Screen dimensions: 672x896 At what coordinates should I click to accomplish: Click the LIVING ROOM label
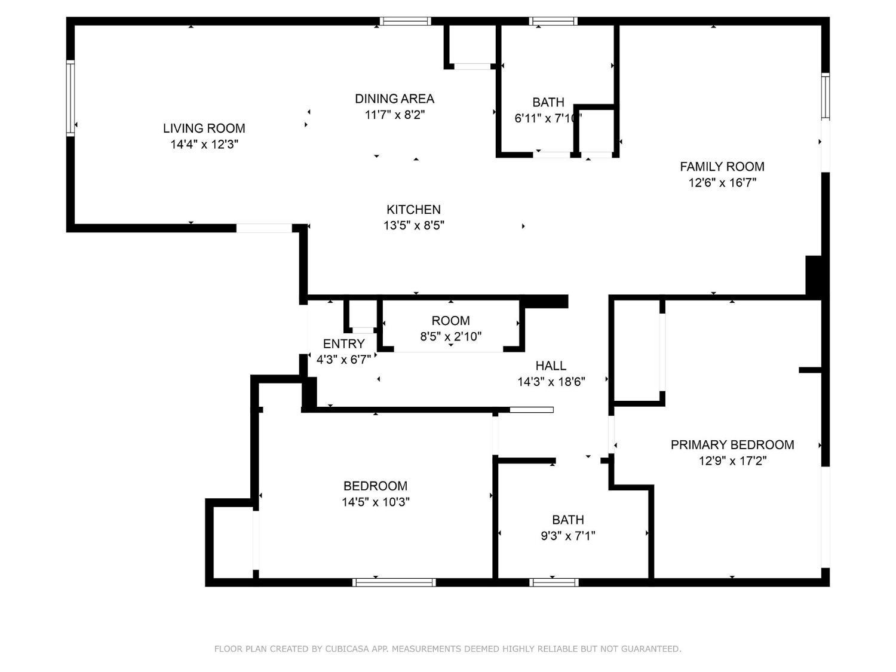coord(204,128)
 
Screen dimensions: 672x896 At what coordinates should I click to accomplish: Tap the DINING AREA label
coord(394,99)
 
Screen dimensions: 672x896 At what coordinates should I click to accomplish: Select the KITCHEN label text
coord(413,210)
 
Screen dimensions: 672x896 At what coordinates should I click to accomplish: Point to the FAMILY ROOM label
coord(722,167)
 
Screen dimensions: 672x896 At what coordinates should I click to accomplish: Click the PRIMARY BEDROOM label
coord(732,445)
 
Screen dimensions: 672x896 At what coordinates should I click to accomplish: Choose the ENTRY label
coord(343,344)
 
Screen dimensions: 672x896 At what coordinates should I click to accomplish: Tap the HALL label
coord(550,366)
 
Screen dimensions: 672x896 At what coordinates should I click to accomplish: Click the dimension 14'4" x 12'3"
coord(204,144)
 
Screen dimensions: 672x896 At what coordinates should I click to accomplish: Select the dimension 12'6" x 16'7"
coord(722,183)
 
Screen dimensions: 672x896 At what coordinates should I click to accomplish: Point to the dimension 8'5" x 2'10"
coord(450,336)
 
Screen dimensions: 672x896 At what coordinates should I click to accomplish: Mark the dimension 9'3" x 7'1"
coord(567,536)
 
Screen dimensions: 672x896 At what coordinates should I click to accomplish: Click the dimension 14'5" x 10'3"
coord(375,502)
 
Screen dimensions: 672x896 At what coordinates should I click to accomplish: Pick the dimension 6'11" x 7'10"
coord(548,118)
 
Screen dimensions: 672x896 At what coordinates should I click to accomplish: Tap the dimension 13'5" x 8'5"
coord(413,226)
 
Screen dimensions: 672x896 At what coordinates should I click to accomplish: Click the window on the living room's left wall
coord(70,99)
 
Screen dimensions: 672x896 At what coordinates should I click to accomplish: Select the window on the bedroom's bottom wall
coord(394,582)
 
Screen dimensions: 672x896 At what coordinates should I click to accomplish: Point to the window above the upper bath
coord(553,22)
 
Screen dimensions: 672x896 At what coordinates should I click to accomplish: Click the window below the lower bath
coord(554,582)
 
